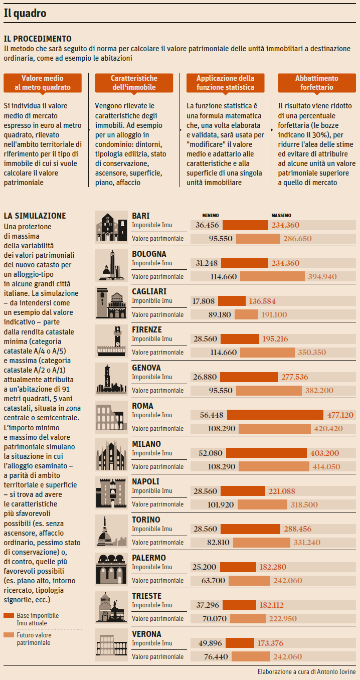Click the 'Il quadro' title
pos(25,14)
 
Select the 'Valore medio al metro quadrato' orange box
pos(43,83)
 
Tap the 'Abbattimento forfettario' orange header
pos(316,83)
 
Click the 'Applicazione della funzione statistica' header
pos(225,83)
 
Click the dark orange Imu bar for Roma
pos(275,415)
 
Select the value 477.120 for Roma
pos(340,415)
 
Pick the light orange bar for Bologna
pos(272,276)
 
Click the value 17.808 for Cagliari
pos(204,301)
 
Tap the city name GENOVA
pos(146,368)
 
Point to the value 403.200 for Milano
pos(324,453)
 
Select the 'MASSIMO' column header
pos(281,216)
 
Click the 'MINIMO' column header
pos(211,216)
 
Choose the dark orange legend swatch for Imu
pos(8,615)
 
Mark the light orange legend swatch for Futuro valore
pos(8,635)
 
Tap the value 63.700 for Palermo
pos(212,581)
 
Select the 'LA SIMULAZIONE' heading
pos(35,216)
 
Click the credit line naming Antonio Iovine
pos(306,671)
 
